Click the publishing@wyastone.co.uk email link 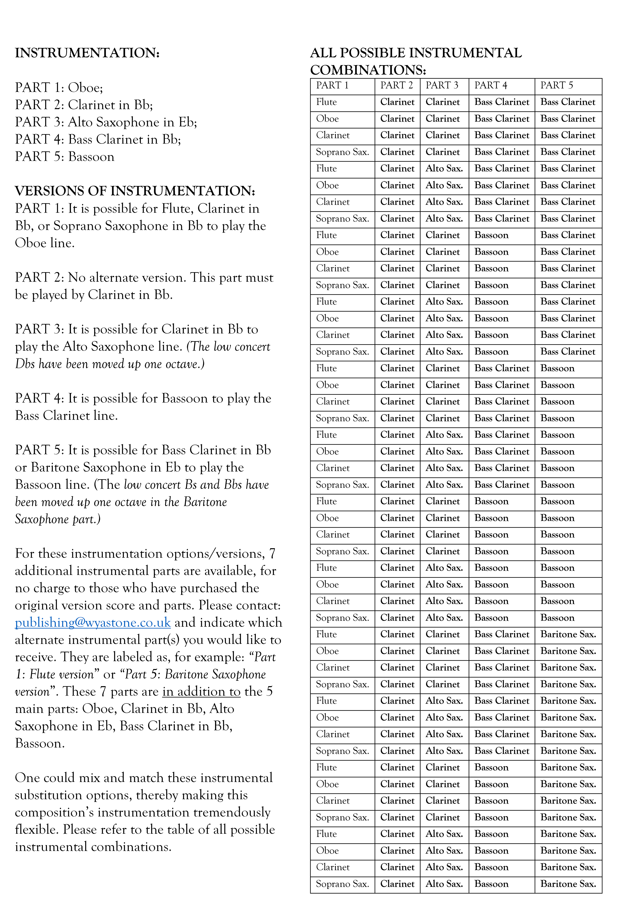(93, 622)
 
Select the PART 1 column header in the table (332, 85)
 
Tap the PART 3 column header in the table (442, 85)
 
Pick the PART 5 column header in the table (557, 85)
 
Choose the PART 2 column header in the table (396, 85)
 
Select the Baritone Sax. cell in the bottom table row (568, 884)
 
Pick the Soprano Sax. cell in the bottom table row (342, 884)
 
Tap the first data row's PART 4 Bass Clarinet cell (502, 102)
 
